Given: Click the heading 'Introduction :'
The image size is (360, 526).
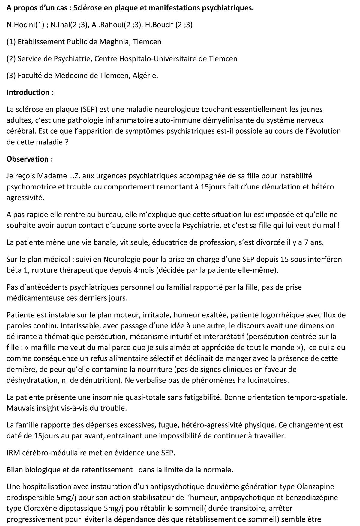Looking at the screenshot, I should [30, 92].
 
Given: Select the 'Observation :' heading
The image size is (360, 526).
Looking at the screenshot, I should [30, 159].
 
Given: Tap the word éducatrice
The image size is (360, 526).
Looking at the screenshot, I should [172, 242].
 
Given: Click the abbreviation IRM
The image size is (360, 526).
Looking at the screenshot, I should [13, 453].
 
